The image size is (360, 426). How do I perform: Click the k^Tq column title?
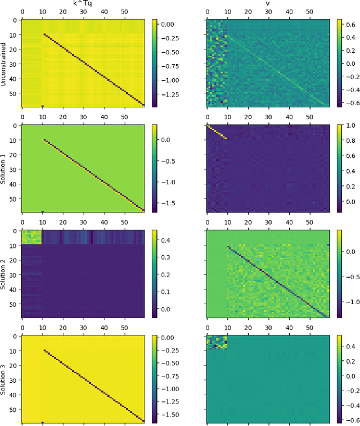pyautogui.click(x=83, y=3)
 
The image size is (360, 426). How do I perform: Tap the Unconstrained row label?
pyautogui.click(x=4, y=62)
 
